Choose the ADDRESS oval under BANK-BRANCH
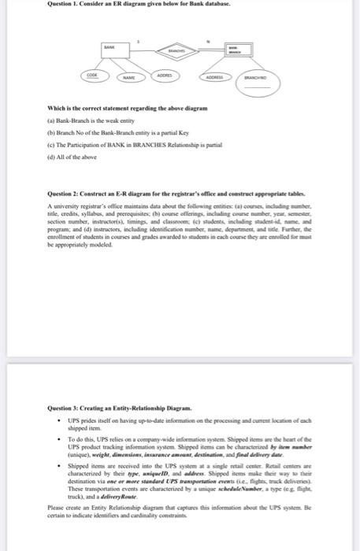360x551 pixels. tap(214, 78)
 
